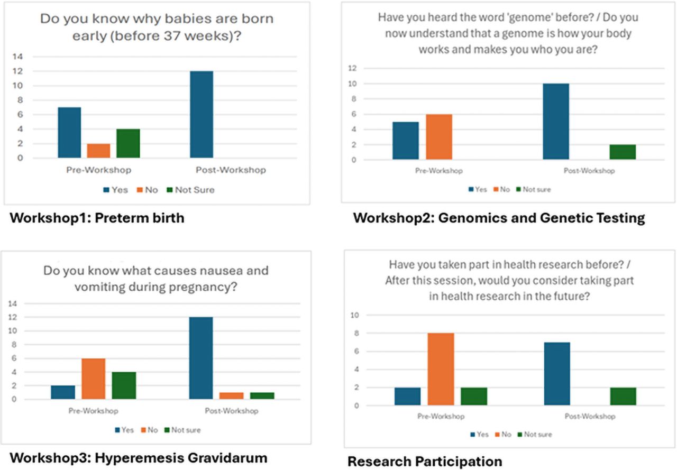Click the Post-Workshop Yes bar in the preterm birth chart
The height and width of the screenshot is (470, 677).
(202, 114)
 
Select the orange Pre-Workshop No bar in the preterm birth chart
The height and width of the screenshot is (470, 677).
(98, 151)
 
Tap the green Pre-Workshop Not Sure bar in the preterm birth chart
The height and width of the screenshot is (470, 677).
(128, 143)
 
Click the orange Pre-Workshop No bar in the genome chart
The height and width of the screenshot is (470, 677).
(438, 136)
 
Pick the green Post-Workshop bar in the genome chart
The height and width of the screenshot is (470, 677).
(622, 152)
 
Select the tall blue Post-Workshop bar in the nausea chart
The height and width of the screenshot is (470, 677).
(201, 358)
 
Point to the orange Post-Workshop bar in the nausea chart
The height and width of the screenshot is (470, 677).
(231, 395)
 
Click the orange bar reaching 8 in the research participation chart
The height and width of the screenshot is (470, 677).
(441, 369)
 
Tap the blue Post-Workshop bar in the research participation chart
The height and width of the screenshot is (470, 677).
(557, 374)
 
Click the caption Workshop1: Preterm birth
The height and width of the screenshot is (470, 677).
(97, 217)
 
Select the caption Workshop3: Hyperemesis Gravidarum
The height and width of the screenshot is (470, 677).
(138, 457)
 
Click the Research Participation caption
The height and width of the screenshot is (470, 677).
(424, 462)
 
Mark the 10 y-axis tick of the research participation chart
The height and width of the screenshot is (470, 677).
(355, 315)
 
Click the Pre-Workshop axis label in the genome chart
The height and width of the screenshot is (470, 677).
(438, 171)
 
